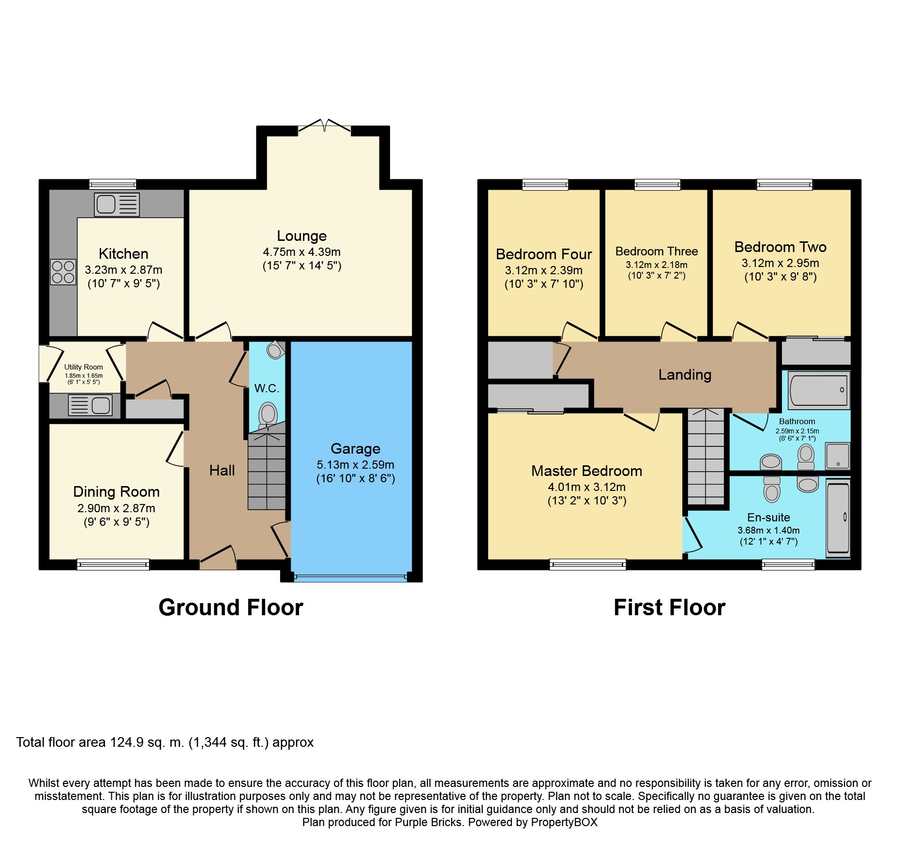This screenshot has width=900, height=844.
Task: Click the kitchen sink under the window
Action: point(117,204)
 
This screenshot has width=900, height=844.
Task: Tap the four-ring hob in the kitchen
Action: point(63,272)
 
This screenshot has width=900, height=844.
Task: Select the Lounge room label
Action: point(302,236)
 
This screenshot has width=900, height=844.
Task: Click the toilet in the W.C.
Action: point(268,415)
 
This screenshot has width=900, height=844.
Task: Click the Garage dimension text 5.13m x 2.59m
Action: point(356,465)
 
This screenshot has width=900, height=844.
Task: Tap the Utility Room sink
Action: point(90,405)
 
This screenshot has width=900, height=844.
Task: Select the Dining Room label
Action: point(116,492)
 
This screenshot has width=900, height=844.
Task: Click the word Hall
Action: point(222,470)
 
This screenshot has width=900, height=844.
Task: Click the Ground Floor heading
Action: point(231,607)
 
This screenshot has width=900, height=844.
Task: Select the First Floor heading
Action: point(670,607)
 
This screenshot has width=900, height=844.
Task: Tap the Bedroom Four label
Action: point(544,254)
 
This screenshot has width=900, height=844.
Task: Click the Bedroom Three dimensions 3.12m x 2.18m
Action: point(657,265)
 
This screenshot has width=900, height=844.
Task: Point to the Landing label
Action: point(685,375)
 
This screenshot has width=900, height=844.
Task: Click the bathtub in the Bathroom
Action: point(819,389)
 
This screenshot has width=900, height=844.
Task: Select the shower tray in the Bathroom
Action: point(838,456)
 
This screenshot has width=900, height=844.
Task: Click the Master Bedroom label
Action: point(587,471)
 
